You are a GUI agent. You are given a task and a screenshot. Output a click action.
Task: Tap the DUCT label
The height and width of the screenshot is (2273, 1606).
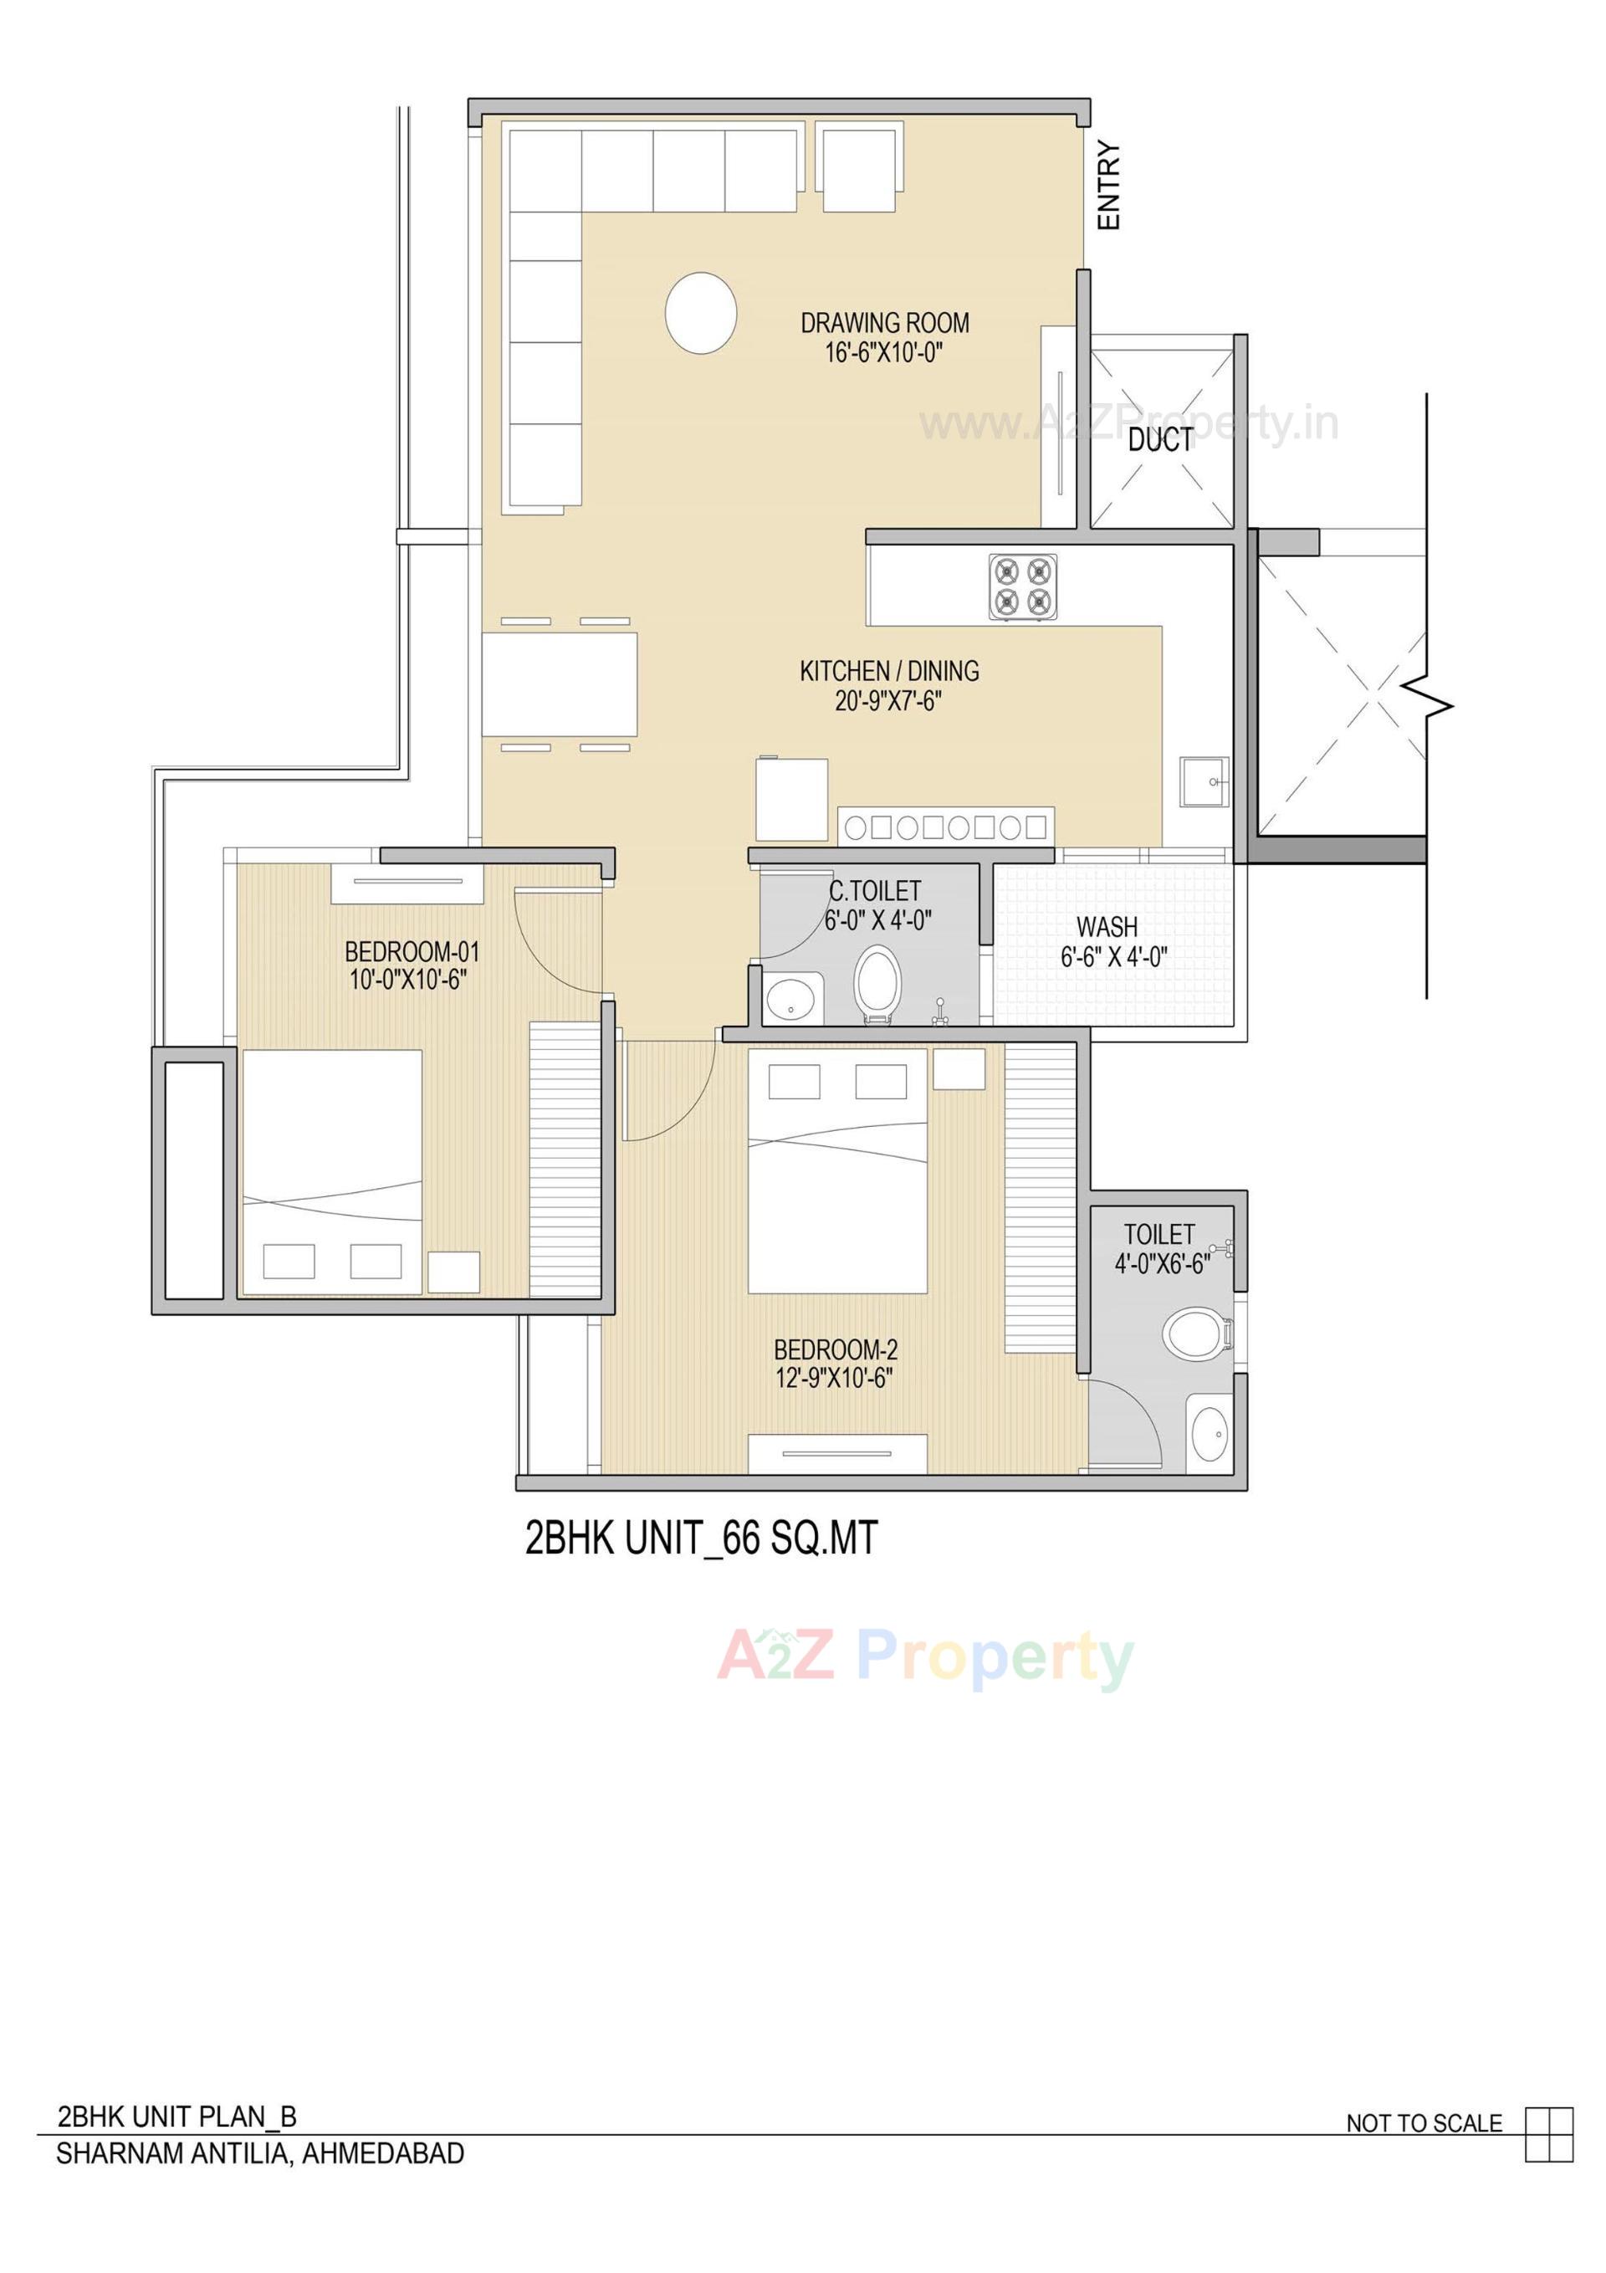click(1160, 439)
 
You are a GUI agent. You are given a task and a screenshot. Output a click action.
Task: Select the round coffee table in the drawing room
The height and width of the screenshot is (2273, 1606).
click(700, 311)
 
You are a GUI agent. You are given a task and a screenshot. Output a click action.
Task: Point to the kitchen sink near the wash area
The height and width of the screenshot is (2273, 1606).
click(1203, 783)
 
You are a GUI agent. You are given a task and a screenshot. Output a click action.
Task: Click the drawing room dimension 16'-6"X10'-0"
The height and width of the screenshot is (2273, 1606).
click(883, 352)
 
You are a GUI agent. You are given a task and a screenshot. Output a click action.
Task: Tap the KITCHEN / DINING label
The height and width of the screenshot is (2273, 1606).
click(888, 671)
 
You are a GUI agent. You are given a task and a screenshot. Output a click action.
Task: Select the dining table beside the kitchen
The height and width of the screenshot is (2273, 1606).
click(560, 684)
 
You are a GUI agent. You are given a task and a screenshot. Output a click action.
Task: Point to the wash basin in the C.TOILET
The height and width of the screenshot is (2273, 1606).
click(792, 998)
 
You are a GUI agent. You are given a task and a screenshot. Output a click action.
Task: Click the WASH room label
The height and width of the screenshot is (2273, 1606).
click(1106, 928)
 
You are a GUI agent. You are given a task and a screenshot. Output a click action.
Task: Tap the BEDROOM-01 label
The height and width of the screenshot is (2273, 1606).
click(412, 952)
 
